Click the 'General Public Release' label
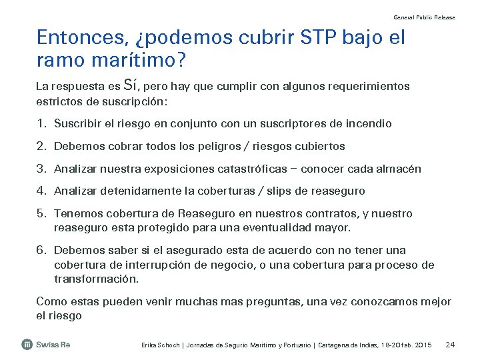425,17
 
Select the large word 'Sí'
131,85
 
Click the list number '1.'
41,124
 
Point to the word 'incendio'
370,124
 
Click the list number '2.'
41,146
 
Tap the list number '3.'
41,169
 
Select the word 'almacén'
399,169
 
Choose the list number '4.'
41,191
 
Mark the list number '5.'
41,214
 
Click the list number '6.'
41,251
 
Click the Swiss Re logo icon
27,345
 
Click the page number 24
450,345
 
